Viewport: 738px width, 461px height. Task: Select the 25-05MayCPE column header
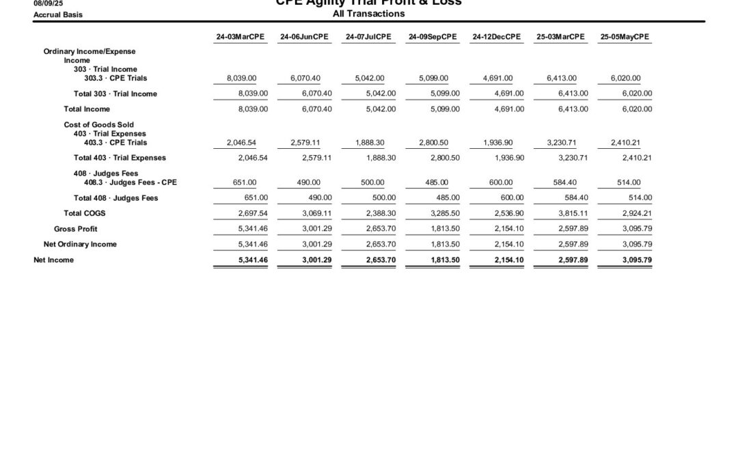pyautogui.click(x=625, y=37)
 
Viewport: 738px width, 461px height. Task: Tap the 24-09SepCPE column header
pyautogui.click(x=433, y=37)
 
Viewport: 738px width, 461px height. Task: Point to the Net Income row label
pyautogui.click(x=54, y=260)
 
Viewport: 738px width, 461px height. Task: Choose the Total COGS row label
pyautogui.click(x=85, y=213)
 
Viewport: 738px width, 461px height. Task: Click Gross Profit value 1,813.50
pyautogui.click(x=445, y=229)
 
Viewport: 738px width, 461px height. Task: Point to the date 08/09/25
pyautogui.click(x=48, y=3)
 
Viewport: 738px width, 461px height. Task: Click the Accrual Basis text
pyautogui.click(x=58, y=14)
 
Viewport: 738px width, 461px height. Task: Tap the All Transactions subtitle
pyautogui.click(x=368, y=14)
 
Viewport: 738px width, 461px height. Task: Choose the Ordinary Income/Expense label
pyautogui.click(x=90, y=51)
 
